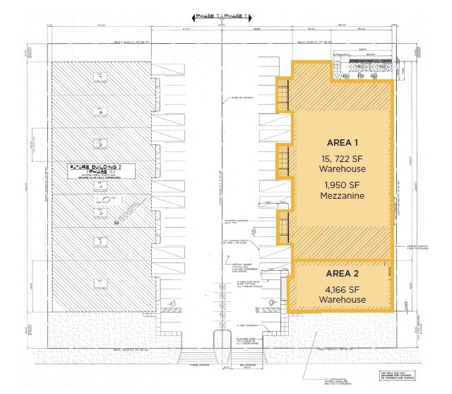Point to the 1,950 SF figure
(x=341, y=183)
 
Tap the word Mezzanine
(x=341, y=196)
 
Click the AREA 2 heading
(x=341, y=274)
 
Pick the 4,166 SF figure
(x=341, y=288)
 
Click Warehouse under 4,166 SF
(x=341, y=300)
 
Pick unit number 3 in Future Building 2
(x=102, y=210)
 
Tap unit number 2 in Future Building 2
(x=102, y=243)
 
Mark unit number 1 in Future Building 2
(x=102, y=281)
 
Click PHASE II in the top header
(x=206, y=15)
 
